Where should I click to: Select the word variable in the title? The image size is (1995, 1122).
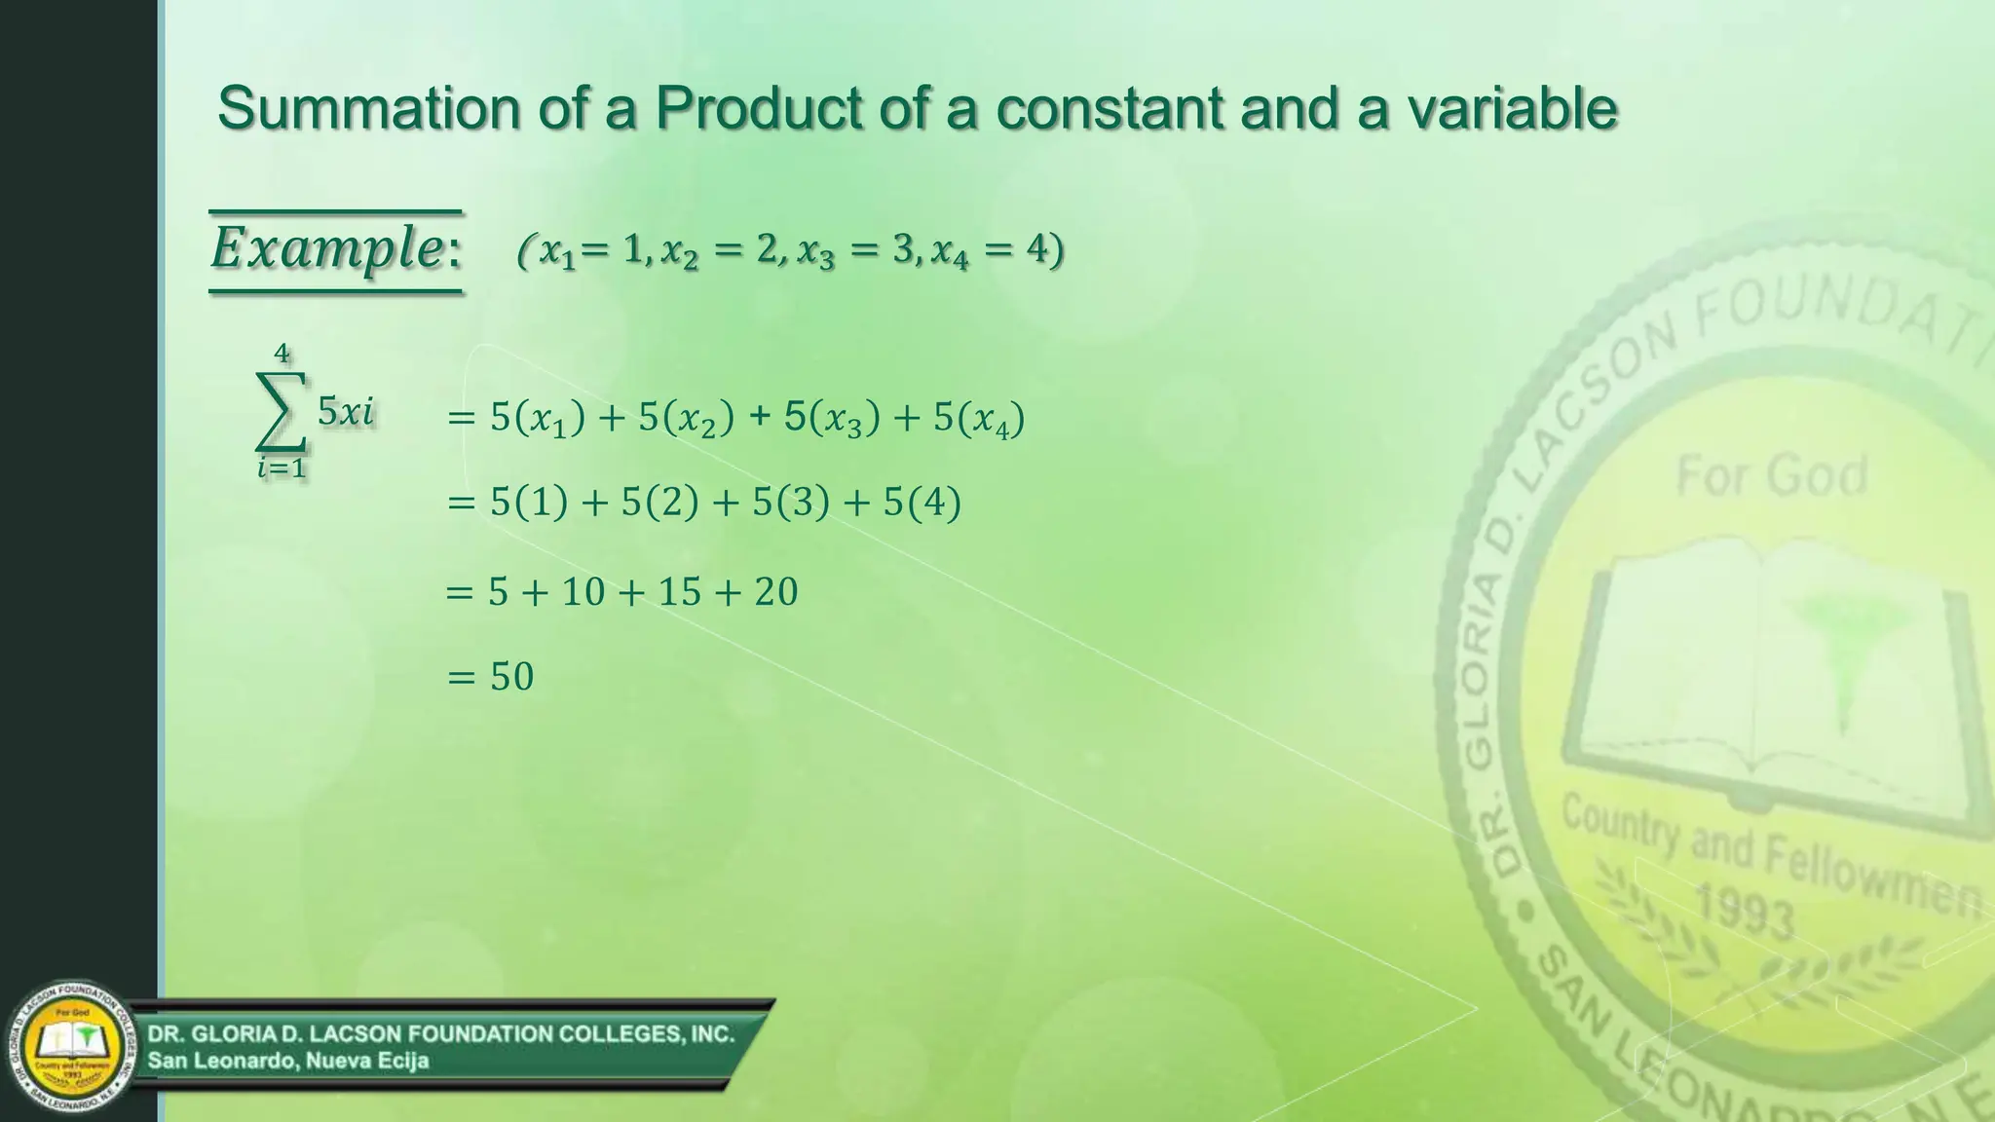pyautogui.click(x=1512, y=107)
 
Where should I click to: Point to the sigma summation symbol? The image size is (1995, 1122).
pyautogui.click(x=282, y=413)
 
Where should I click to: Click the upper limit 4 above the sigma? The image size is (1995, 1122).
pyautogui.click(x=282, y=354)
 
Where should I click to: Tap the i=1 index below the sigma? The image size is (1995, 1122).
pyautogui.click(x=282, y=468)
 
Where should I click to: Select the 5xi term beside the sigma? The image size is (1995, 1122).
pyautogui.click(x=346, y=412)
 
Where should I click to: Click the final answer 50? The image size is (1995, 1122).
pyautogui.click(x=511, y=677)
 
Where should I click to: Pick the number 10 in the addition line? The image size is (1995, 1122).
pyautogui.click(x=583, y=592)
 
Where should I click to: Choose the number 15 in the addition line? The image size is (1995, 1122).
pyautogui.click(x=680, y=592)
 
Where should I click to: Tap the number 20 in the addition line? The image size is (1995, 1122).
pyautogui.click(x=776, y=592)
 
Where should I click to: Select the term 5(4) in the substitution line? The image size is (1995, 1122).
pyautogui.click(x=922, y=504)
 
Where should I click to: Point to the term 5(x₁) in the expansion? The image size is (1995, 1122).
pyautogui.click(x=538, y=419)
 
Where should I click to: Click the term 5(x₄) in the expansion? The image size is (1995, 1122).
pyautogui.click(x=979, y=419)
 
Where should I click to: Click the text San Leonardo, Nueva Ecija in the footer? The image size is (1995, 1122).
pyautogui.click(x=288, y=1061)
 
